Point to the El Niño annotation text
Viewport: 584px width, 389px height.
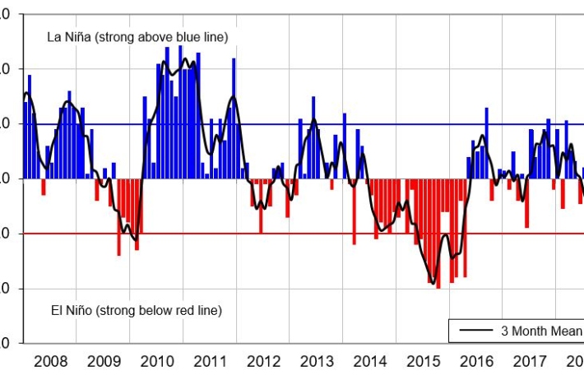(x=136, y=311)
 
